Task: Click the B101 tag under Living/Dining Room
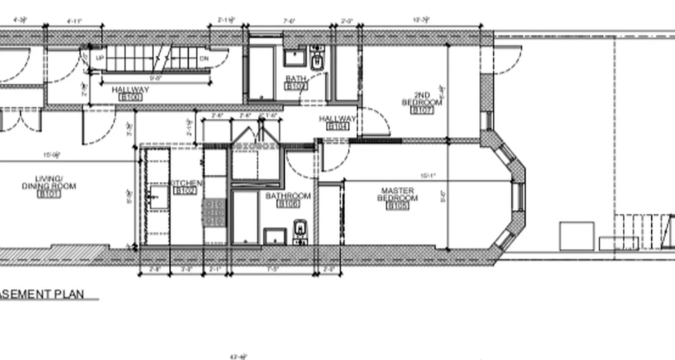[49, 194]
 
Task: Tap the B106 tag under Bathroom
[288, 204]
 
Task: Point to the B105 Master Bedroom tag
[398, 206]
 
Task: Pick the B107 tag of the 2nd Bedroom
[423, 110]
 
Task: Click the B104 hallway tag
[338, 126]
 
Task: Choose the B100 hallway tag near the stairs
[130, 97]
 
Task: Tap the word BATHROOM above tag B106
[288, 196]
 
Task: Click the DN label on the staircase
[204, 58]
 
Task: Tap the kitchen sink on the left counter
[157, 197]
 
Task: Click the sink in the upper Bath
[295, 58]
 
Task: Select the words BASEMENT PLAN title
[42, 294]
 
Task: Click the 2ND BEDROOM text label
[422, 99]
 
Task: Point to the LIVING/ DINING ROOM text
[49, 183]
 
